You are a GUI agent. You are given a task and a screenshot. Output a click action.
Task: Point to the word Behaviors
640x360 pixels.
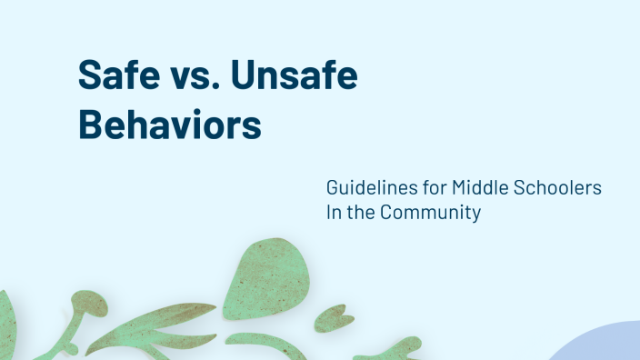coord(169,124)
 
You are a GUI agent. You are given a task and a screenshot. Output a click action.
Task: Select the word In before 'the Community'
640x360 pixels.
coord(334,215)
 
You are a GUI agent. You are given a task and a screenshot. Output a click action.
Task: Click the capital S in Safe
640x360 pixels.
coord(89,76)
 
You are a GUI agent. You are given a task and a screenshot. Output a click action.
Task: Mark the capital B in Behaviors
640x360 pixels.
coord(91,124)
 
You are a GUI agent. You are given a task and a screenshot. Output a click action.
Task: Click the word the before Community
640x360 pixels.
coord(363,215)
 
